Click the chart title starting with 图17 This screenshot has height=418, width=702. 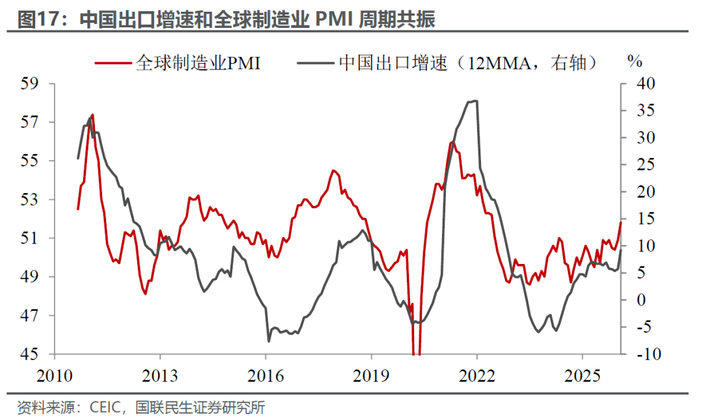pos(226,19)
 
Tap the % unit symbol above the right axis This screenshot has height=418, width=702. pos(634,62)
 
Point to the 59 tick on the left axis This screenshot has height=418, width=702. pos(31,84)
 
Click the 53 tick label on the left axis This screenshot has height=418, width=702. pos(31,200)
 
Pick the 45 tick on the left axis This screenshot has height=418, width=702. pos(31,354)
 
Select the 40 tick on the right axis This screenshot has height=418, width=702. pos(638,84)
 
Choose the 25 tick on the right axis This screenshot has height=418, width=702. pos(638,165)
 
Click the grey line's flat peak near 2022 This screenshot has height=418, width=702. pos(473,101)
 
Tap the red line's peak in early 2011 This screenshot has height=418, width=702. pos(92,115)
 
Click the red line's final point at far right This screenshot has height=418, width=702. pos(621,222)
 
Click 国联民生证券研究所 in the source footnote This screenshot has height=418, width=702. pos(200,408)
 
